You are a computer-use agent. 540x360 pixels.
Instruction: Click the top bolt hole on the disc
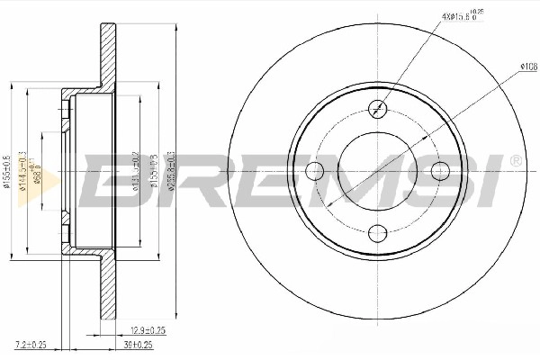(x=377, y=108)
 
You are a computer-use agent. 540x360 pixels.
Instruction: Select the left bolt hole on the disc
(x=314, y=171)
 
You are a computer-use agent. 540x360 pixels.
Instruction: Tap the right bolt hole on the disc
(x=440, y=171)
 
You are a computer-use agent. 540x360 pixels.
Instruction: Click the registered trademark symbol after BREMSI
(x=514, y=160)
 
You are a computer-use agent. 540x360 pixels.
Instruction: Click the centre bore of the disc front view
(x=377, y=171)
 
